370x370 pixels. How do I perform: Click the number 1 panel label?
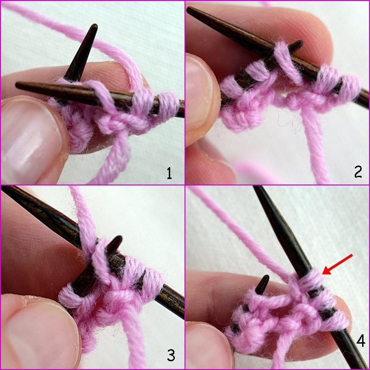pos(169,173)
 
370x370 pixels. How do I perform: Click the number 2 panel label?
pos(358,172)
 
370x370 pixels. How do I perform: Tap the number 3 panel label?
pos(171,355)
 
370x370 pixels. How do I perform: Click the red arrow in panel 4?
pos(338,264)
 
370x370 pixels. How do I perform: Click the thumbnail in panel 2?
pos(201,97)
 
